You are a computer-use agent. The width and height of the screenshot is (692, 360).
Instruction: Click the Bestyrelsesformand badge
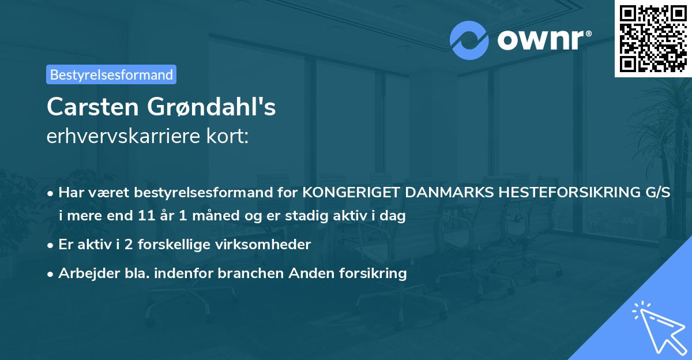coord(111,74)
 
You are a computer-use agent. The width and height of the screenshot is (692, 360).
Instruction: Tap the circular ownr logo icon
coord(469,39)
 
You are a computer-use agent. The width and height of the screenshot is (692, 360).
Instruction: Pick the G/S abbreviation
coord(657,193)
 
